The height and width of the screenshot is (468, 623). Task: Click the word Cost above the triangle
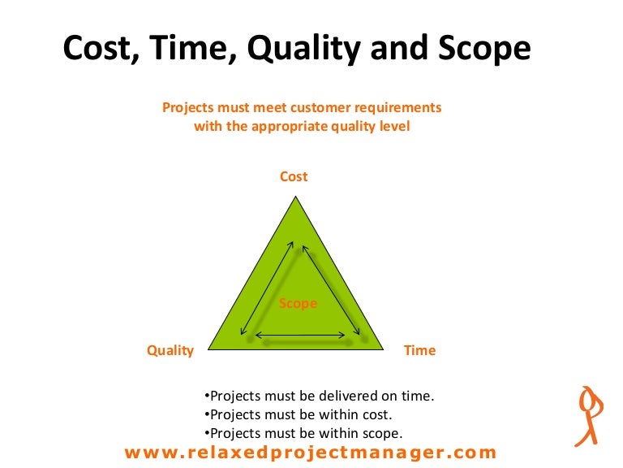[x=294, y=176]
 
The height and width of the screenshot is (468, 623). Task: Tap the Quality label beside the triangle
[x=170, y=351]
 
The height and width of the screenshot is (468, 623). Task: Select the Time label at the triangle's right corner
[x=419, y=351]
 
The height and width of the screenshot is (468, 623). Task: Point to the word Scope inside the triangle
[x=298, y=304]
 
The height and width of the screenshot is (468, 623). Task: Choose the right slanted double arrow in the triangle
[x=332, y=288]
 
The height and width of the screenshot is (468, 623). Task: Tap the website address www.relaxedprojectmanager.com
[x=310, y=453]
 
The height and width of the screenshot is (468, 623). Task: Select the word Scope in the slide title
[x=480, y=50]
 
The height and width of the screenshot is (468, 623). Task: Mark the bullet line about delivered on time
[x=319, y=396]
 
